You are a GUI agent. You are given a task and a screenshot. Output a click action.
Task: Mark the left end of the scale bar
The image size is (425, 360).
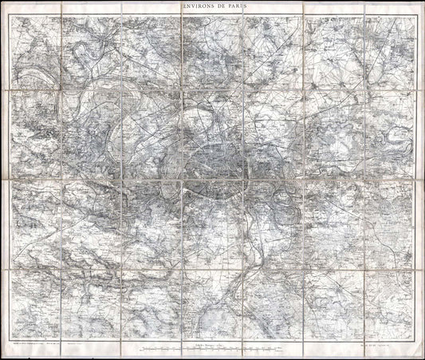(140, 349)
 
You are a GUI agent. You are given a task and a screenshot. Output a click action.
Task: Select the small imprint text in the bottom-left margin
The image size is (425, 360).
(40, 342)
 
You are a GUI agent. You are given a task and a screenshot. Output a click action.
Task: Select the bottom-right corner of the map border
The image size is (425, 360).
(412, 337)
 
